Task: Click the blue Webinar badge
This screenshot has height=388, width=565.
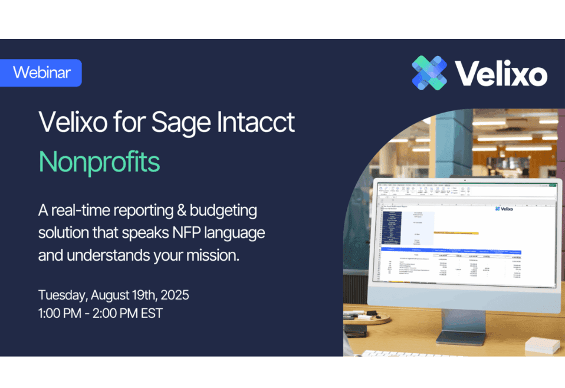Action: (41, 73)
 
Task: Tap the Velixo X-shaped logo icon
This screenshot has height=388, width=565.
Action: (430, 73)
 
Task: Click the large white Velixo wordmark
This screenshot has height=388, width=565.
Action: (501, 74)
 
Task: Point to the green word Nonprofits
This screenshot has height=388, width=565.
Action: (99, 160)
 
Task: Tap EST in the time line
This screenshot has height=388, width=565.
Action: (150, 313)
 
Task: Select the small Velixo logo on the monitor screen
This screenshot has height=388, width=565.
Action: (505, 208)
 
